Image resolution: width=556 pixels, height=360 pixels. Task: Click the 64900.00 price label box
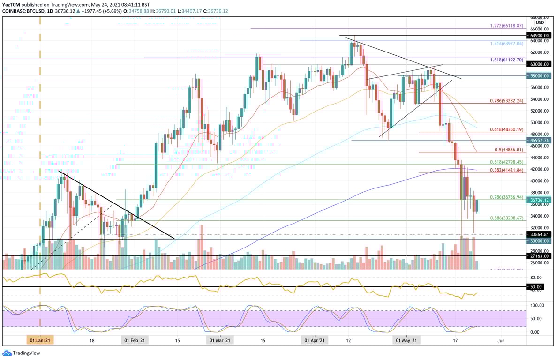[x=540, y=36]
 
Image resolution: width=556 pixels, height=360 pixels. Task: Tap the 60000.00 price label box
[x=540, y=64]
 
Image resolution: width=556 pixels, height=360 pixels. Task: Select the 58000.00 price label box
[x=540, y=75]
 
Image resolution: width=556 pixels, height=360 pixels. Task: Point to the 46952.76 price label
[x=540, y=140]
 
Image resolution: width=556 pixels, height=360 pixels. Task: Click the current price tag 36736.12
[x=540, y=200]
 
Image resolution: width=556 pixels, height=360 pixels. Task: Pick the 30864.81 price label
[x=540, y=234]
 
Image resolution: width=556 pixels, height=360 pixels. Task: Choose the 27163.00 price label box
[x=540, y=256]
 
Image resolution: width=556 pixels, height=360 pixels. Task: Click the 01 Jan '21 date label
[x=40, y=340]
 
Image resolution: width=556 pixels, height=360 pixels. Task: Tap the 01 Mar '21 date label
[x=218, y=340]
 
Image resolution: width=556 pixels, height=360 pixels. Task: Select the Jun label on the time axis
[x=501, y=340]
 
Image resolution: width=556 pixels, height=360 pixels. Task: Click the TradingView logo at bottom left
[x=15, y=353]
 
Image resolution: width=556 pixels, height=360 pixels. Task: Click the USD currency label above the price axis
[x=540, y=22]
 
